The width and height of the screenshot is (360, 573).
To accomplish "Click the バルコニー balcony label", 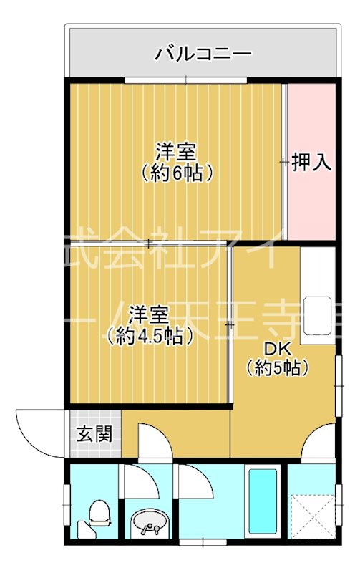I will [203, 53].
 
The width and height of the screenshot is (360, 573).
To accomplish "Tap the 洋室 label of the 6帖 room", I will [177, 153].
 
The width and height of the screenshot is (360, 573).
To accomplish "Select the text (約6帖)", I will [177, 173].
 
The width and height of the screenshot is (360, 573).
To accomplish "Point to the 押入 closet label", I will [312, 163].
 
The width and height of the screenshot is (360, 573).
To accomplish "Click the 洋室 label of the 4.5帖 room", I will [149, 314].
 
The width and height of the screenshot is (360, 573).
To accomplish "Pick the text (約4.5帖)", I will [149, 334].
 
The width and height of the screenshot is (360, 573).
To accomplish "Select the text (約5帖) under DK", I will [278, 368].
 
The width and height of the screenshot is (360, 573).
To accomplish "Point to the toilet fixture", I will [98, 514].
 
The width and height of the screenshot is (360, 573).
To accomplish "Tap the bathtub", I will [263, 501].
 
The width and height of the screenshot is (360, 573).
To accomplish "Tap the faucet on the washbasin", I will [149, 530].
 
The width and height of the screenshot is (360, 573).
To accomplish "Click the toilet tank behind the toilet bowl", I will [85, 531].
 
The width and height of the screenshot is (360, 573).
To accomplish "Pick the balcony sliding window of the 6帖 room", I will [186, 79].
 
